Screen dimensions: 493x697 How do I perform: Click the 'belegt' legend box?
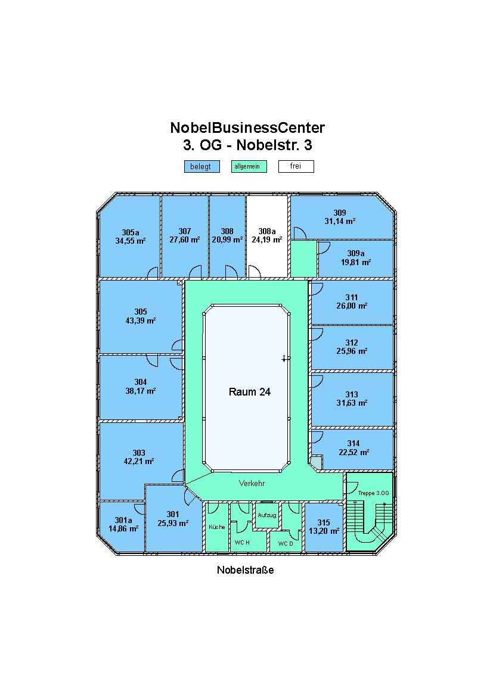[x=202, y=166]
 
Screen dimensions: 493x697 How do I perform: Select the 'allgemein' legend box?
[x=249, y=166]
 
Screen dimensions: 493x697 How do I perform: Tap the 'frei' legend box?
[x=296, y=166]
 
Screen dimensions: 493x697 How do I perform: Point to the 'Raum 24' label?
[x=250, y=391]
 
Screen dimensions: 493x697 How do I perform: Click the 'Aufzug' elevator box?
[x=267, y=515]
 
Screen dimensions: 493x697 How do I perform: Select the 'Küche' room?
[x=216, y=527]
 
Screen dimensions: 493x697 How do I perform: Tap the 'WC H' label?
[x=242, y=542]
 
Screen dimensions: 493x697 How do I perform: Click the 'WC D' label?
[x=286, y=543]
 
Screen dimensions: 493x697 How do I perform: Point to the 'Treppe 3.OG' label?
[x=373, y=493]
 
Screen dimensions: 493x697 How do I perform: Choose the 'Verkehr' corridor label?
[x=252, y=483]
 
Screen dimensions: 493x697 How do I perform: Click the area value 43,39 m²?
[x=141, y=321]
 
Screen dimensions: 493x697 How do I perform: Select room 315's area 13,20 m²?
[x=324, y=531]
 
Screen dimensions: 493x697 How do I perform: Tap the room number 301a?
[x=123, y=520]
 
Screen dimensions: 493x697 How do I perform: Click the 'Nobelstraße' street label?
[x=245, y=570]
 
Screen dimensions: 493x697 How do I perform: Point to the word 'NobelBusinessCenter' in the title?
[x=247, y=127]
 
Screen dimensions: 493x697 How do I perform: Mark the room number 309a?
[x=356, y=253]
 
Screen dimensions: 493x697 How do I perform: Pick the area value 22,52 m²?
[x=354, y=452]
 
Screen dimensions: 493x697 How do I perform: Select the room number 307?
[x=185, y=231]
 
